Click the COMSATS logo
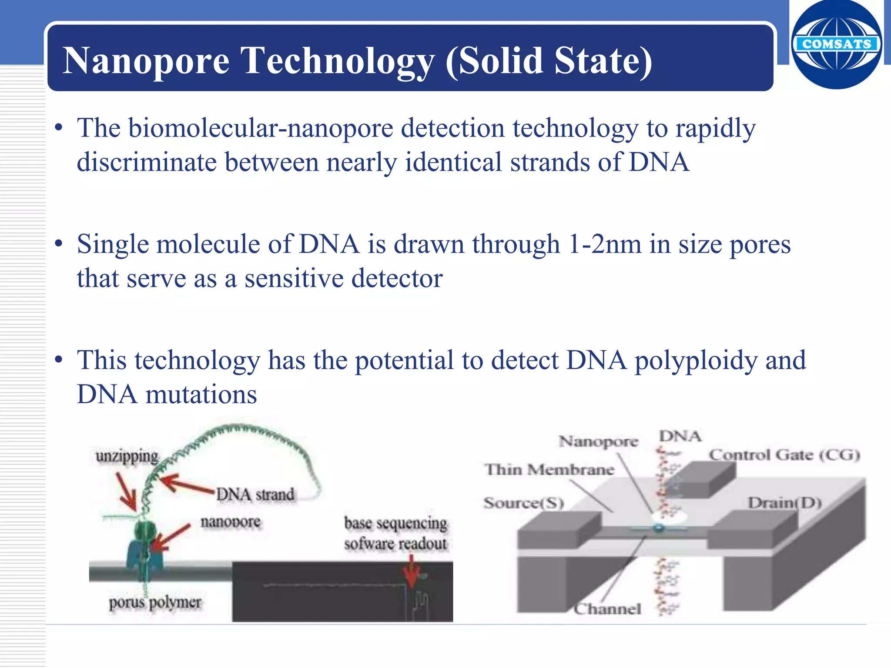tap(836, 44)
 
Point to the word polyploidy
tap(696, 361)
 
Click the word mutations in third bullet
tap(201, 395)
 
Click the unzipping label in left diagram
tap(127, 457)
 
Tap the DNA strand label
tap(255, 494)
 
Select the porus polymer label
tap(155, 602)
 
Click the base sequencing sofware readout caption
tap(395, 533)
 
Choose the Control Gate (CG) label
tap(784, 455)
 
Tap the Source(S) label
tap(523, 503)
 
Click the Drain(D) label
tap(784, 503)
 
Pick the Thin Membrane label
tap(549, 470)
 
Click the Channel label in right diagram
tap(607, 609)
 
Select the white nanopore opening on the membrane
tap(669, 517)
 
